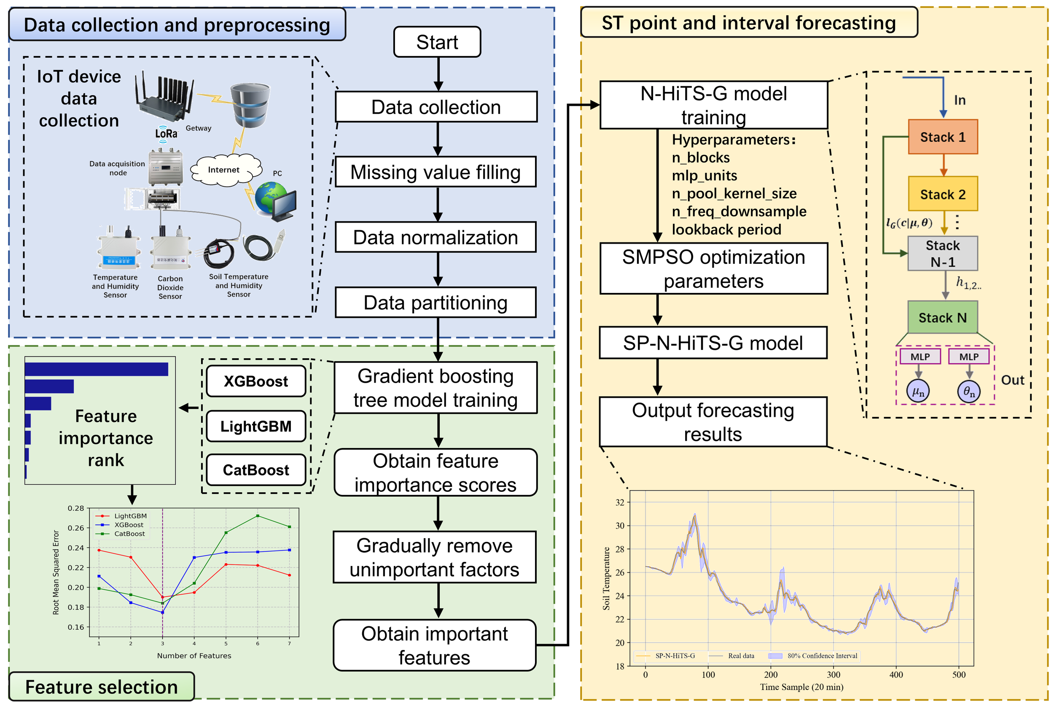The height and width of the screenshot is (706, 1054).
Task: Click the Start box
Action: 437,42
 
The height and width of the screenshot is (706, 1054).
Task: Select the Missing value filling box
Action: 436,172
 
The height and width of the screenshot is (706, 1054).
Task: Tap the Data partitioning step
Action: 436,303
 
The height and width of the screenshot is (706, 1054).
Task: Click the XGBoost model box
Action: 256,381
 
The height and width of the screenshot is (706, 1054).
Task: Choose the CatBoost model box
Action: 256,470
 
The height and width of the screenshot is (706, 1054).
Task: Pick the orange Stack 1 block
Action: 942,137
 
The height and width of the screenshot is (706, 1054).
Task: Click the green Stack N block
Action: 942,318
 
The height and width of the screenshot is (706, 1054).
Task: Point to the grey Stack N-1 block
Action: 942,253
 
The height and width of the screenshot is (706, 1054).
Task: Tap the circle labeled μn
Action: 918,391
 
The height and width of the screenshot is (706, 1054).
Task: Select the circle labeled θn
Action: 969,391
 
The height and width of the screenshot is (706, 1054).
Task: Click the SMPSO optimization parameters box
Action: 713,269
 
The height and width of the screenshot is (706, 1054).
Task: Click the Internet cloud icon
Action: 225,170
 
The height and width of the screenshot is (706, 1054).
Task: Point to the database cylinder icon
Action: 250,105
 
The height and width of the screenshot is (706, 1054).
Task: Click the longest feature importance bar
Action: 97,369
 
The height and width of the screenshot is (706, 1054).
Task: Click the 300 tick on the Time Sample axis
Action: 833,674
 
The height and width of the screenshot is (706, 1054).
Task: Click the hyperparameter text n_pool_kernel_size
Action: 734,193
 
